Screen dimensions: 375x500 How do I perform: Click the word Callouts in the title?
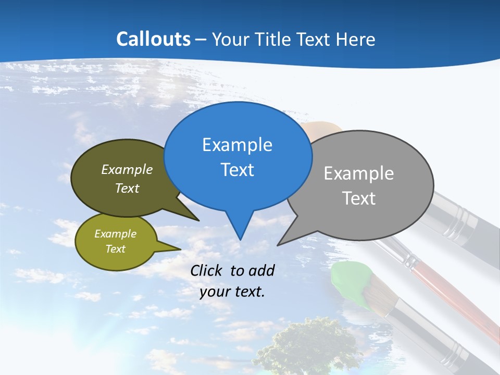click(153, 39)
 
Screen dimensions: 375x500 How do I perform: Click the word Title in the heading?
click(273, 40)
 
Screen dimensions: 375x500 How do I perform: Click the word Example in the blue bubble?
click(237, 145)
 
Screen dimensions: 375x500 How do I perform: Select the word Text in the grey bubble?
click(359, 198)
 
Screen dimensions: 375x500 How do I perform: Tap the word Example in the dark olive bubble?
click(127, 169)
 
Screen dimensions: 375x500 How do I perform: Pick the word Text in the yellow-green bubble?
click(116, 249)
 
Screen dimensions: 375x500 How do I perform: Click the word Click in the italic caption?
click(206, 270)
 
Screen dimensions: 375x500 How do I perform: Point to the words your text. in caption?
click(232, 292)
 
